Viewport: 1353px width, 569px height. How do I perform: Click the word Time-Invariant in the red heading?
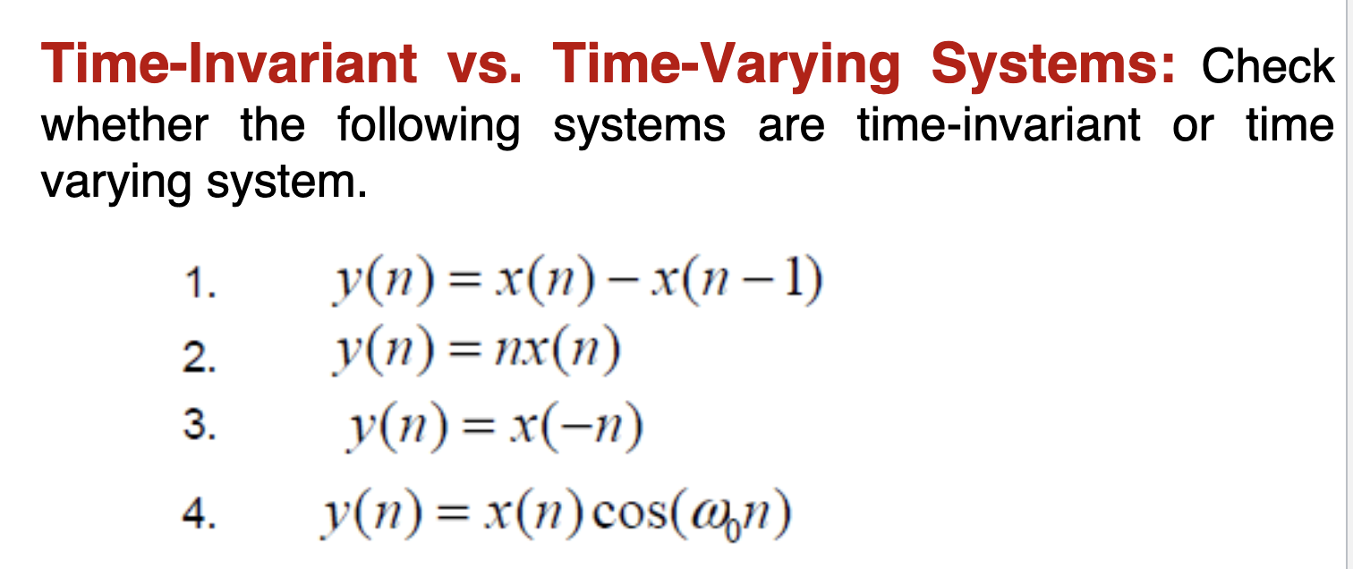coord(230,65)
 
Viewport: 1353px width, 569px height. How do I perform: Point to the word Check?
coord(1267,67)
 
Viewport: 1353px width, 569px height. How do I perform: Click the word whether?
coord(124,125)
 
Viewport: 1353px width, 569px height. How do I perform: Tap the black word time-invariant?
coord(999,125)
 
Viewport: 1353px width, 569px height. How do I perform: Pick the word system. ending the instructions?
coord(286,184)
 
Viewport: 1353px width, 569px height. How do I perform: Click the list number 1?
coord(201,287)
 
